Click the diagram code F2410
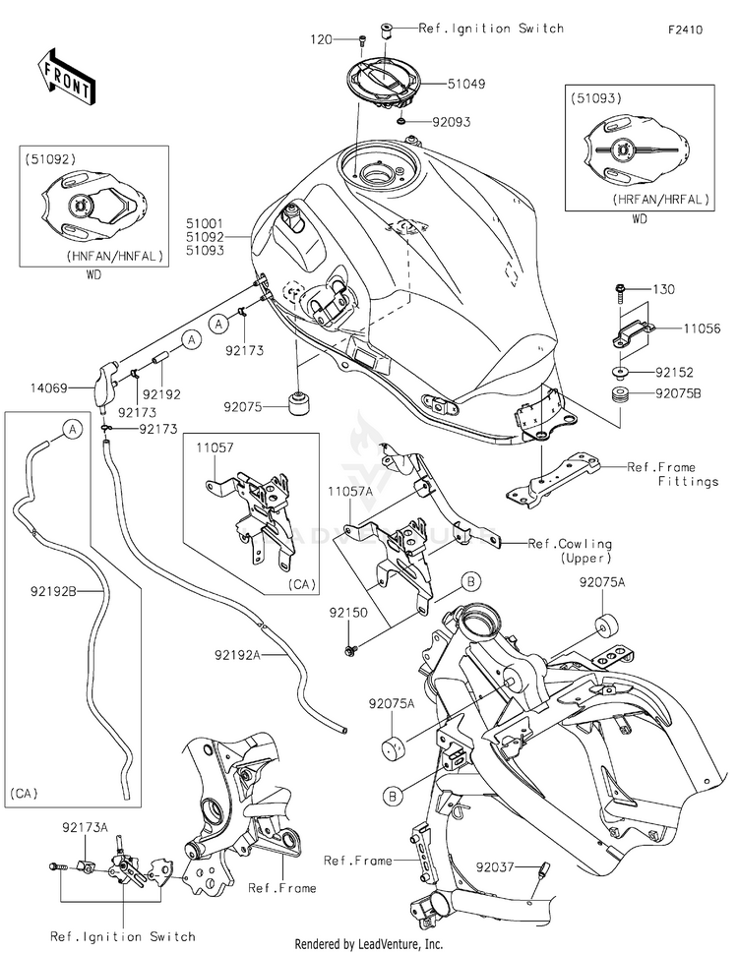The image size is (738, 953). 685,30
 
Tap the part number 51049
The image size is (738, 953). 466,84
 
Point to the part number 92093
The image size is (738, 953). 451,122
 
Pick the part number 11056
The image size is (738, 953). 702,328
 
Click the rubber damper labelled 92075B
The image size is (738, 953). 620,393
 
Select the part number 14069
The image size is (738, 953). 50,387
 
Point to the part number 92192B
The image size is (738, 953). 53,590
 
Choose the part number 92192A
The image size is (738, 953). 237,655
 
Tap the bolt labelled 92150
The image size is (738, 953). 349,651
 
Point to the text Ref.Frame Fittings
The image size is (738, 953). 673,474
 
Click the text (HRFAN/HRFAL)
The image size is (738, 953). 661,199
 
